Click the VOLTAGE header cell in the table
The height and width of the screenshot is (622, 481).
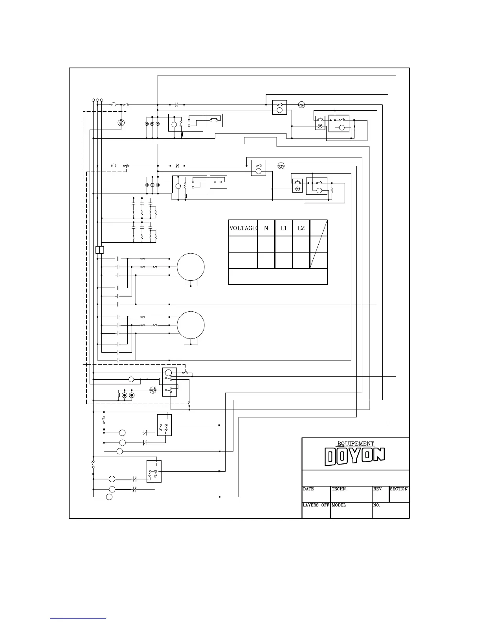click(243, 228)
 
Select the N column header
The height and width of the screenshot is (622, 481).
click(266, 228)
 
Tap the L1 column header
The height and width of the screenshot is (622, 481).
click(283, 228)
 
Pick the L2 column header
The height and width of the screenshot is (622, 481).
click(301, 228)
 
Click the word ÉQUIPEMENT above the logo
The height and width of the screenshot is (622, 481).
click(356, 444)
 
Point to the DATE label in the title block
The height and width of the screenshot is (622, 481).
click(308, 489)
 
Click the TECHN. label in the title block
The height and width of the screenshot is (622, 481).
click(339, 489)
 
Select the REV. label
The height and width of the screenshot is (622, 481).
click(378, 489)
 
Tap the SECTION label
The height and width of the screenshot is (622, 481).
click(398, 489)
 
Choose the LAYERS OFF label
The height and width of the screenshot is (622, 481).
click(316, 505)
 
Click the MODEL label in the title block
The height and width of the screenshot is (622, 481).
click(339, 505)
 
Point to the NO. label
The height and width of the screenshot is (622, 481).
click(376, 505)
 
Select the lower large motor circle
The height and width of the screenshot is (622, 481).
click(191, 325)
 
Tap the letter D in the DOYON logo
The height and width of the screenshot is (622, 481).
click(331, 457)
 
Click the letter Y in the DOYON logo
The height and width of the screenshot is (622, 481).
click(355, 456)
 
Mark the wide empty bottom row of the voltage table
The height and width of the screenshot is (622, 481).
click(278, 276)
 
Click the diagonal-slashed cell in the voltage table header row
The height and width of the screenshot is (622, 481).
click(319, 228)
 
